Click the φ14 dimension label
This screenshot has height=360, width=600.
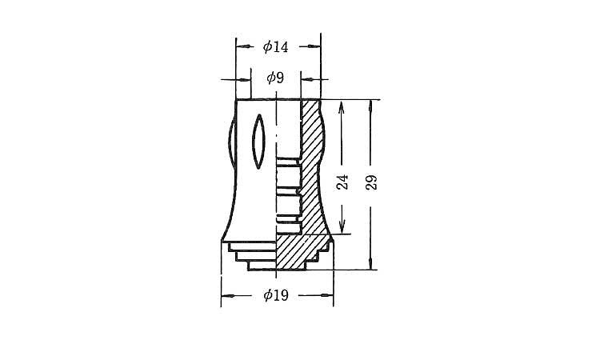tap(275, 46)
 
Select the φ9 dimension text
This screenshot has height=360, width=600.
tap(275, 78)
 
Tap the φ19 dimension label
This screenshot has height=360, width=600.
tap(276, 295)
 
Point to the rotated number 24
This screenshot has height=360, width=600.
tap(342, 182)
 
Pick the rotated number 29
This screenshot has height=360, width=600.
tap(370, 182)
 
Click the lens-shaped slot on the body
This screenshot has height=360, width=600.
tap(258, 141)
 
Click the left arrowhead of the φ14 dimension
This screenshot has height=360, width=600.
tap(245, 46)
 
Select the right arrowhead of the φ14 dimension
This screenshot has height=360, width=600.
tap(312, 46)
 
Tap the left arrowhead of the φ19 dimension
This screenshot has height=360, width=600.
tap(229, 296)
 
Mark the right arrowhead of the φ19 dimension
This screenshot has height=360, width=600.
tap(326, 295)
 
